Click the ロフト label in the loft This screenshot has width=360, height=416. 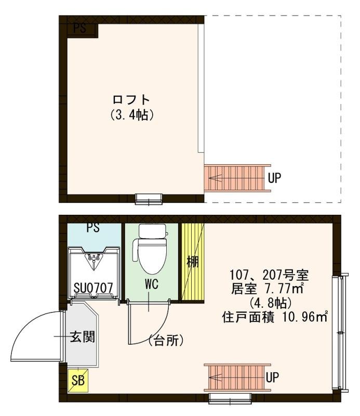click(131, 99)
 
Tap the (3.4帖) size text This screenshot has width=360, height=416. click(131, 115)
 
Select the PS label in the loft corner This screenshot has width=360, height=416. click(79, 29)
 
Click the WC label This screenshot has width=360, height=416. click(151, 285)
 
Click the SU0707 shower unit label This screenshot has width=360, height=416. click(95, 287)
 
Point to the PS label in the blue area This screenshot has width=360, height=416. click(94, 228)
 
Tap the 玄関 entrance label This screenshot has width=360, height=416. click(83, 336)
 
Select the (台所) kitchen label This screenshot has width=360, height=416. click(165, 341)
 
